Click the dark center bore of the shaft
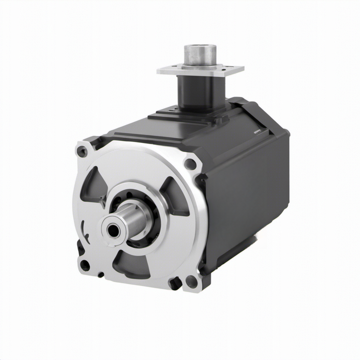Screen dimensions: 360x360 click(113, 230)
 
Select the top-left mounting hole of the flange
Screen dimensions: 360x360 click(82, 152)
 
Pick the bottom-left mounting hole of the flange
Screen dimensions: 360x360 click(84, 265)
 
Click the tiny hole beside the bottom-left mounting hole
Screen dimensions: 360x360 click(101, 275)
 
